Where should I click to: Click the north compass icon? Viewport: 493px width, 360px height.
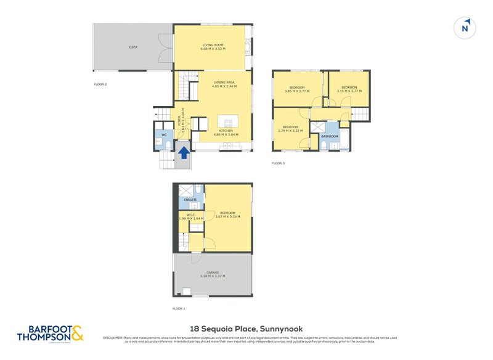[x=466, y=28]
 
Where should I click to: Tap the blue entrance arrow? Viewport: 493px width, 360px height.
[x=183, y=152]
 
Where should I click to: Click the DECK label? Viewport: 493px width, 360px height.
[x=133, y=47]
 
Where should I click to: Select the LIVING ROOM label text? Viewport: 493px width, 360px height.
[x=213, y=45]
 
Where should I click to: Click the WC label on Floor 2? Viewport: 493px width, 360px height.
[x=164, y=134]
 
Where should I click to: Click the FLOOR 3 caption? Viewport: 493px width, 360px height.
[x=279, y=163]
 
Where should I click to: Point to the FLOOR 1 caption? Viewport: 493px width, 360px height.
[x=179, y=308]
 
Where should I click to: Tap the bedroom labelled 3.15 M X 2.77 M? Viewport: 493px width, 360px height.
[x=349, y=88]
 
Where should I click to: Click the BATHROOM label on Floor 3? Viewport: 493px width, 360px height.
[x=330, y=136]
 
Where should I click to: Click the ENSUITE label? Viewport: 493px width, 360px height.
[x=190, y=200]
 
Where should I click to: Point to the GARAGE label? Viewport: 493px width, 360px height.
[x=213, y=272]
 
